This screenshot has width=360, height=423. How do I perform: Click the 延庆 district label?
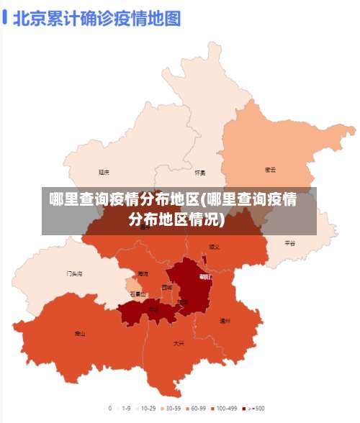[x=104, y=173]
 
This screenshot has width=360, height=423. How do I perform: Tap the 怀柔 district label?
[x=200, y=173]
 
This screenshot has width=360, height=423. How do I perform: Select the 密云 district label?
[x=271, y=170]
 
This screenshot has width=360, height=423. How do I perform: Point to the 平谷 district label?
[x=290, y=243]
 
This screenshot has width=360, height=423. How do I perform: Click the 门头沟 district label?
[x=74, y=274]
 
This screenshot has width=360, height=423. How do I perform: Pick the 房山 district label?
[x=80, y=334]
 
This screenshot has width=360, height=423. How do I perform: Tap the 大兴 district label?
[x=179, y=344]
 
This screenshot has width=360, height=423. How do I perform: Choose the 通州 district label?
[x=225, y=321]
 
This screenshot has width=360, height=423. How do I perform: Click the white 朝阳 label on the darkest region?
[x=205, y=276]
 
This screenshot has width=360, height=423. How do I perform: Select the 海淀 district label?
[x=143, y=274]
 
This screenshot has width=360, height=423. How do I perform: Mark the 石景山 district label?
[x=138, y=294]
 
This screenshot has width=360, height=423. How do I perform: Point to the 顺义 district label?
[x=215, y=246]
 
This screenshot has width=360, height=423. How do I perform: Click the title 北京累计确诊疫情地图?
[x=96, y=18]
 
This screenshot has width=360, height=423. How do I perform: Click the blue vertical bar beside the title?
[x=5, y=17]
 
